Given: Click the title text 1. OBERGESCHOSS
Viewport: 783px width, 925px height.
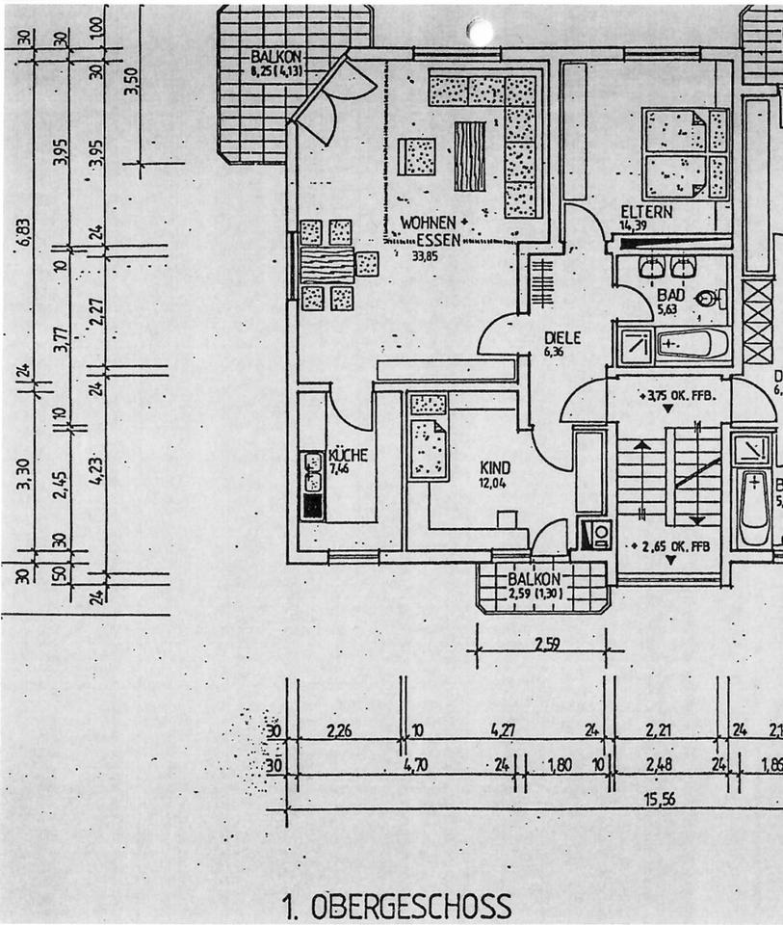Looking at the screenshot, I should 397,907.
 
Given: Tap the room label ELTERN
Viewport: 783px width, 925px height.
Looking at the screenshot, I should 646,212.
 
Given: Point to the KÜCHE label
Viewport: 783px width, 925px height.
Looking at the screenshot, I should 347,455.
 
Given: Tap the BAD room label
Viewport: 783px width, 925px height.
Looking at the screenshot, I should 671,295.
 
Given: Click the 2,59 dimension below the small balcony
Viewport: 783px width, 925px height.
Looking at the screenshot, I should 547,644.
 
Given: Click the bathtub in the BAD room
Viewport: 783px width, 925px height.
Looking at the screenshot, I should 690,342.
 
